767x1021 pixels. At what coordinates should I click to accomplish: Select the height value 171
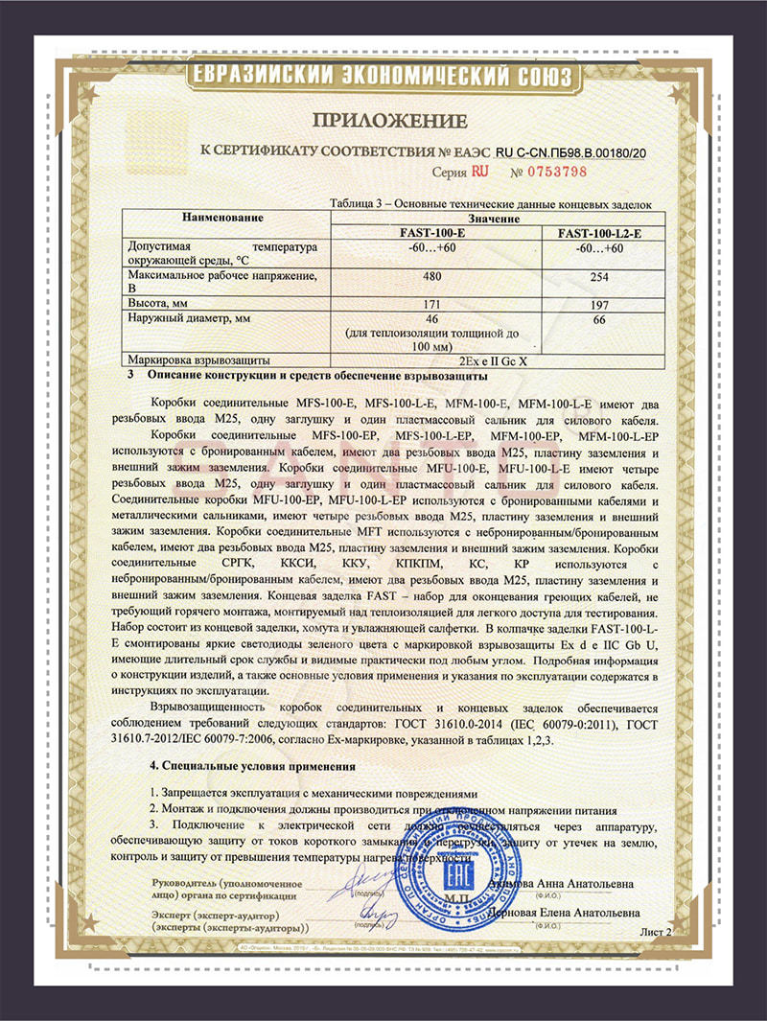[434, 302]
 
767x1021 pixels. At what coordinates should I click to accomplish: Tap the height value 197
[598, 303]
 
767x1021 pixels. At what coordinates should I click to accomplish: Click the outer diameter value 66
[598, 320]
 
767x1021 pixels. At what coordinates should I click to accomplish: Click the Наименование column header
[221, 219]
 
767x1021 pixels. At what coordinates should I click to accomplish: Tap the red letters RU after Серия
[479, 172]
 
